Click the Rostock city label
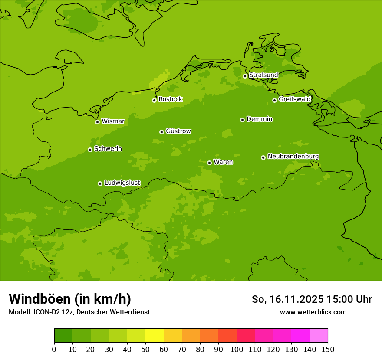click(x=170, y=99)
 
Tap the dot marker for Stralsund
click(x=245, y=76)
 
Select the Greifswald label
click(x=294, y=99)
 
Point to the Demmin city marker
click(x=242, y=120)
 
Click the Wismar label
click(x=113, y=121)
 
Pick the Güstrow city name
click(x=178, y=131)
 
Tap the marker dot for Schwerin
click(x=90, y=150)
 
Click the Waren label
click(x=223, y=162)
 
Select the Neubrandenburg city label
click(x=293, y=157)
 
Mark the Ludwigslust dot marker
click(x=100, y=183)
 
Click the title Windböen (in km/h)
click(x=70, y=299)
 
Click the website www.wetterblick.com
click(x=313, y=312)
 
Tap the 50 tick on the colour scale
click(x=145, y=349)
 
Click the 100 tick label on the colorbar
click(x=237, y=349)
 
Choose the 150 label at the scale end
click(x=328, y=349)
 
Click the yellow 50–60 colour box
click(x=155, y=336)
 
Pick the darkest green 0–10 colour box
click(x=63, y=336)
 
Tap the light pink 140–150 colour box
click(x=319, y=336)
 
